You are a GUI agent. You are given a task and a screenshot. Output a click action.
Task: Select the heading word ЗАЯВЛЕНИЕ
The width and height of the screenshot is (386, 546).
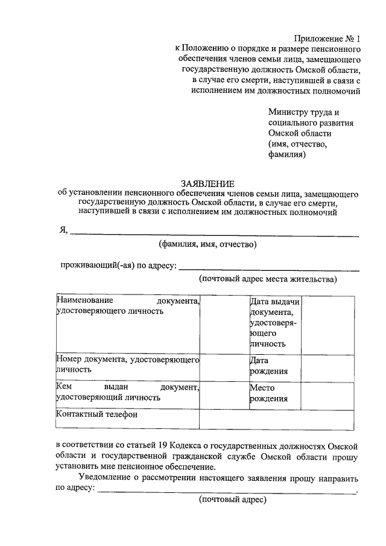[207, 183]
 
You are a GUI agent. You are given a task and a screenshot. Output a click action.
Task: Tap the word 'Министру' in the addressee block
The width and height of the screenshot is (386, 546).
[290, 112]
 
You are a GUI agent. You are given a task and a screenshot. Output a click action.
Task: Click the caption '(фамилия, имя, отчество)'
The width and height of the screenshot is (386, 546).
[207, 244]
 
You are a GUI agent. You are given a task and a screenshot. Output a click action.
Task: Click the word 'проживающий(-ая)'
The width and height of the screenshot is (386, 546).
[93, 266]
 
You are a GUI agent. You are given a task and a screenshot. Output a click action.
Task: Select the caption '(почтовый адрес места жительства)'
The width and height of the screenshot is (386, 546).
[268, 279]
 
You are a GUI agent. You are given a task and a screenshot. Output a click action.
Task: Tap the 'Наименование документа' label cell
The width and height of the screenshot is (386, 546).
[127, 306]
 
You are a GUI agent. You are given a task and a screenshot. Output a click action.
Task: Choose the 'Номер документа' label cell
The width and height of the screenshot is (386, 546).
[127, 364]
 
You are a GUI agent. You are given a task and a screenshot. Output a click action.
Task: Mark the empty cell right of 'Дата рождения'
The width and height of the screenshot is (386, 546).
[327, 365]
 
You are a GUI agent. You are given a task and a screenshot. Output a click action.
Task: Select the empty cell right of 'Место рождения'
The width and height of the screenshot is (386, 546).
[327, 393]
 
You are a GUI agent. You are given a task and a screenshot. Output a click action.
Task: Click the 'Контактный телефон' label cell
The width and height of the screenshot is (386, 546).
[127, 415]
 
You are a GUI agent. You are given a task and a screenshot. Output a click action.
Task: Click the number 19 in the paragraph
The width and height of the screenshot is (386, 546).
[160, 445]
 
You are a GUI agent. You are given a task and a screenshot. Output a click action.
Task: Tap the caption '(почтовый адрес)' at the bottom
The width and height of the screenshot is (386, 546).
[232, 500]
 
